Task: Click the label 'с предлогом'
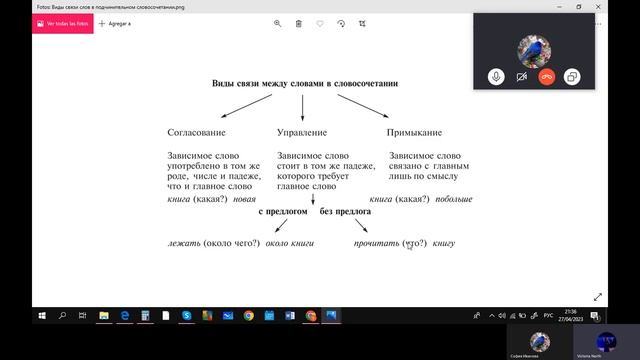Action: coord(283,213)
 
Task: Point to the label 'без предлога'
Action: coord(346,213)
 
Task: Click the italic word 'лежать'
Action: coord(184,243)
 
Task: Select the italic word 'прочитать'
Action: coord(377,243)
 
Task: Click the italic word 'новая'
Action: coord(244,200)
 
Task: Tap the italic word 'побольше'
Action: coord(453,200)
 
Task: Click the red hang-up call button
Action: coord(547,76)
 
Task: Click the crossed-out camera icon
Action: coord(521,76)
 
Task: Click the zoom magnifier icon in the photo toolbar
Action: coord(278,23)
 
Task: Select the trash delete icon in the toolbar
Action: coord(299,23)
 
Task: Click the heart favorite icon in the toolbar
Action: coord(320,23)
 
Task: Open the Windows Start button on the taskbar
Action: coord(41,316)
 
